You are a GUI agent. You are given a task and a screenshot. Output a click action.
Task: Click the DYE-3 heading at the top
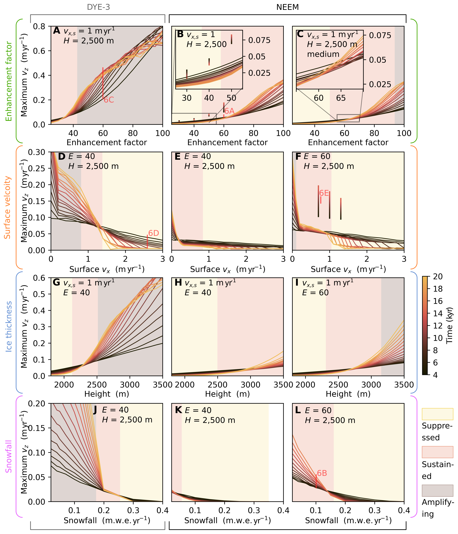pos(98,7)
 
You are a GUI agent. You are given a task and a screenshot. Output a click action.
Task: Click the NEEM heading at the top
pos(287,7)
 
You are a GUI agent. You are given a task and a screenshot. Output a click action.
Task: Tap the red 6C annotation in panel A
pos(109,100)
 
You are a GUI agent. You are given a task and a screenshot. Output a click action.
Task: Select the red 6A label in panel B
pos(229,111)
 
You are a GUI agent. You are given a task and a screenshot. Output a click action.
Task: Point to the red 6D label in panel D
pos(154,233)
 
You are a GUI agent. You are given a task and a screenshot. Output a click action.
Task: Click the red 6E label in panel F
pos(324,193)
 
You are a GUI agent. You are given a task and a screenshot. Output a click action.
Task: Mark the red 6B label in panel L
pos(322,473)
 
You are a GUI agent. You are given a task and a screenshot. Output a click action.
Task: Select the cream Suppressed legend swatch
pos(437,414)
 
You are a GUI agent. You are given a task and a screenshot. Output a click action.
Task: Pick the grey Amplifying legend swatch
pos(437,490)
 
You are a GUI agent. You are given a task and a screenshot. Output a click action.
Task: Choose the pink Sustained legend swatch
pos(437,452)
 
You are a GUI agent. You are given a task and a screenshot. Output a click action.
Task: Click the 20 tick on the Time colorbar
pos(438,277)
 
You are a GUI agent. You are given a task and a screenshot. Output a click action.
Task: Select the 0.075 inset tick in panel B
pos(259,40)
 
